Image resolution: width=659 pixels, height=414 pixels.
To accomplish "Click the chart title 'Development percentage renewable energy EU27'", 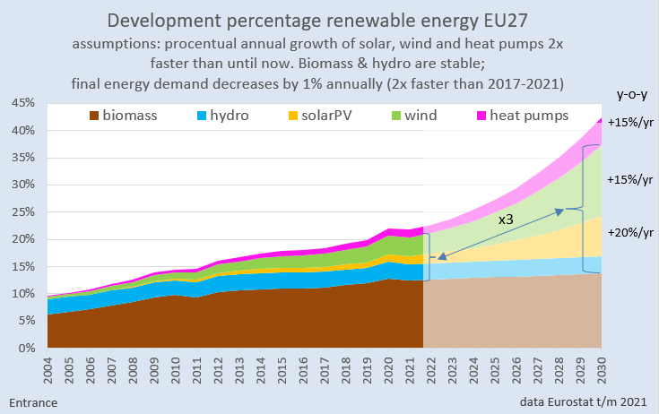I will [x=329, y=20].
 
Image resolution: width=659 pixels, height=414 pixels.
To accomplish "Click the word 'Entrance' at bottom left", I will [x=34, y=402].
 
